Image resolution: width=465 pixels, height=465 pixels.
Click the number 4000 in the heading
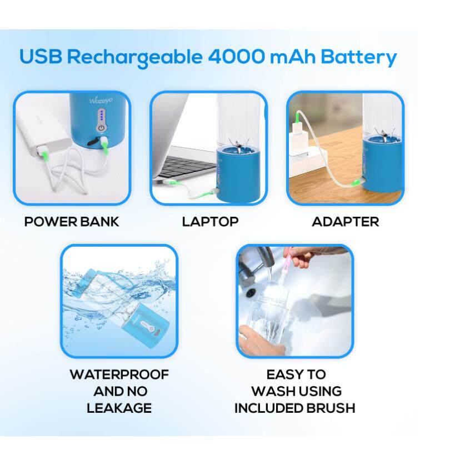pos(236,56)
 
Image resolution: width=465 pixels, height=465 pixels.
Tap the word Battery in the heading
pos(358,58)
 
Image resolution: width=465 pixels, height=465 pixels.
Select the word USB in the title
pos(41,56)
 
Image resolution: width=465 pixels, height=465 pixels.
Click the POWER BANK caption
pos(72,222)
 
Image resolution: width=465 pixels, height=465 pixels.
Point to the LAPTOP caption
pos(210,222)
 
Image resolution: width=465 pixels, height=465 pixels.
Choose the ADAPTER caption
pos(345,222)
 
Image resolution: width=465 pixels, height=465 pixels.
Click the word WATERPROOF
pos(119,374)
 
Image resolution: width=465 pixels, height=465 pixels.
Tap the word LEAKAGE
pos(119,408)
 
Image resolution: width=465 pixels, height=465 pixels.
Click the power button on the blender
pos(102,128)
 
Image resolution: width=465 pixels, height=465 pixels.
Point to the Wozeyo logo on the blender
pos(101,101)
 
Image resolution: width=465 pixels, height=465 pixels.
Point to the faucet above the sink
pos(258,267)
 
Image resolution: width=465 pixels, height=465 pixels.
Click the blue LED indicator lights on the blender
pos(102,116)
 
